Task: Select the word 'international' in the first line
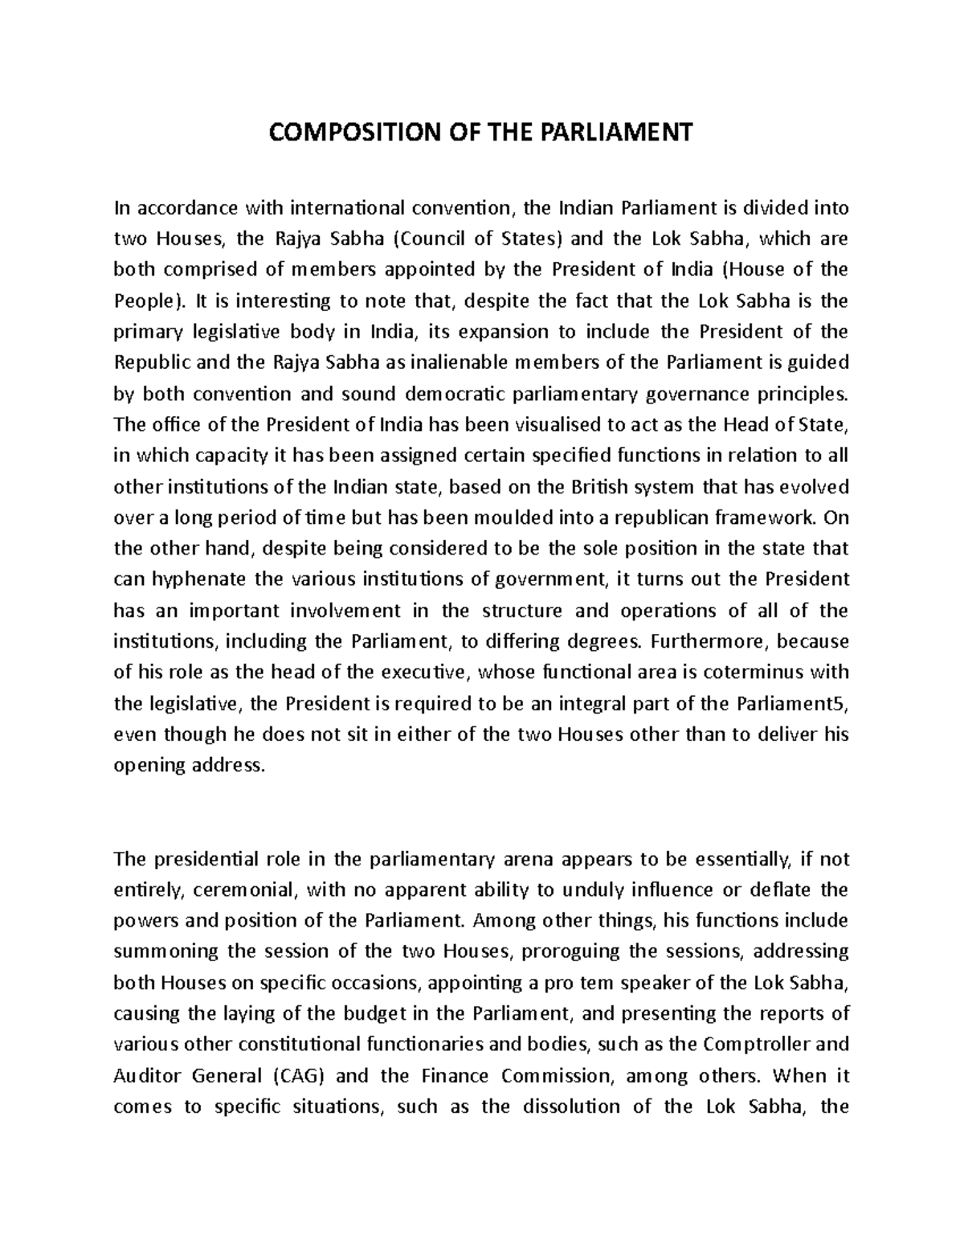pos(347,208)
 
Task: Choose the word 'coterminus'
pos(757,672)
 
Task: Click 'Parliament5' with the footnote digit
pos(791,703)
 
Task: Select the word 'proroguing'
pos(571,951)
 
